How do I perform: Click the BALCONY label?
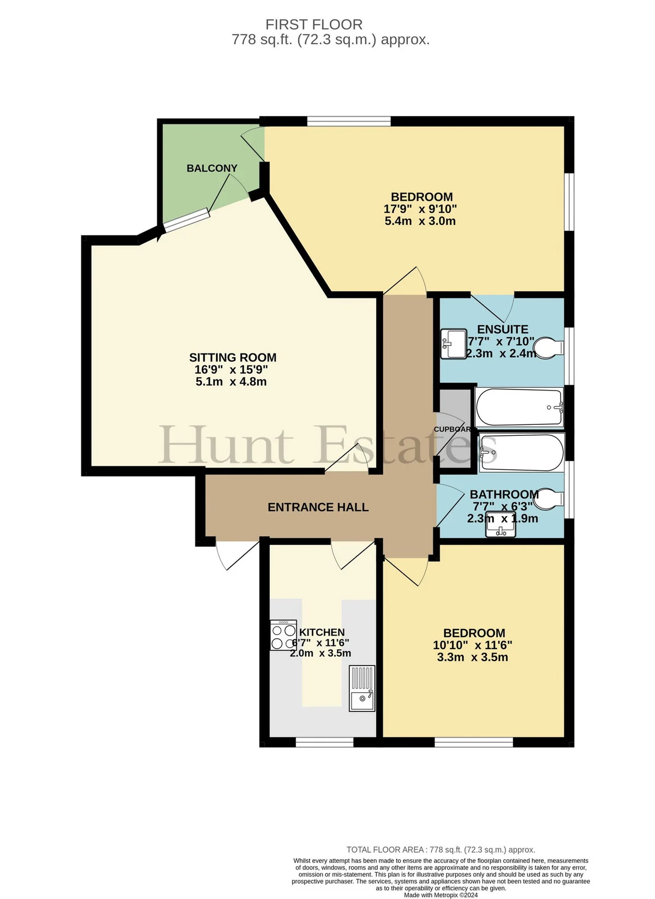(212, 168)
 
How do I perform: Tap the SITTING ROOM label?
(233, 357)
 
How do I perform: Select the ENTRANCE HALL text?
(318, 507)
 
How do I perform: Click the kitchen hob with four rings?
(283, 635)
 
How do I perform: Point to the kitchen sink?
(362, 688)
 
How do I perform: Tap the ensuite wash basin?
(454, 344)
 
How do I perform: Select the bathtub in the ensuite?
(519, 407)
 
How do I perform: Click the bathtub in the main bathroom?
(522, 452)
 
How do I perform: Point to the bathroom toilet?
(549, 499)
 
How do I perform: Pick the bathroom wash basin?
(501, 524)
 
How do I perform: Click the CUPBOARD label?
(452, 429)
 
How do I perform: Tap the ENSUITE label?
(502, 329)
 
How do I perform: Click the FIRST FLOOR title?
(314, 25)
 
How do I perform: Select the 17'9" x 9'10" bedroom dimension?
(420, 209)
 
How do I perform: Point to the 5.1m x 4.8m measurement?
(231, 381)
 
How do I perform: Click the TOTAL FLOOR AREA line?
(440, 850)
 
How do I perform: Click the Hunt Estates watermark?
(328, 445)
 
